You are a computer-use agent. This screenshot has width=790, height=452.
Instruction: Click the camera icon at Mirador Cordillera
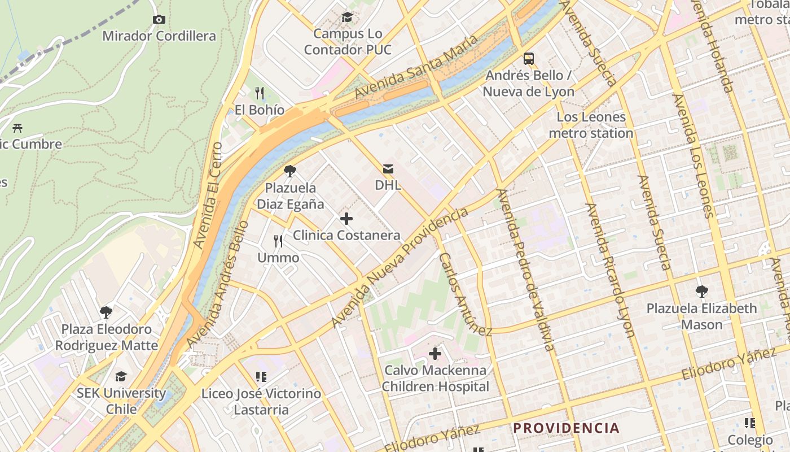(x=159, y=20)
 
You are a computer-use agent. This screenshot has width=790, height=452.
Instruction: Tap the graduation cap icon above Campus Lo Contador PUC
(x=347, y=18)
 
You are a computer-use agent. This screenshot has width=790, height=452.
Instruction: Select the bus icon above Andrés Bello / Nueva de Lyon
(x=529, y=58)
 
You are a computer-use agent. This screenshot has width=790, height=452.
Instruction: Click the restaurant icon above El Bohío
(x=260, y=93)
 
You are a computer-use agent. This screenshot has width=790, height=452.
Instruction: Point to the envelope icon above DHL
(x=388, y=168)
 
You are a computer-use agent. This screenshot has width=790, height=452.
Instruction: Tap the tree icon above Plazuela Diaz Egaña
(x=290, y=171)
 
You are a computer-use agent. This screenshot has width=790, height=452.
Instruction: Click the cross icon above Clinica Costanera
(x=346, y=219)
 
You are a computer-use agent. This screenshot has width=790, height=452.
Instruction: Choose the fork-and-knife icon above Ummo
(x=278, y=241)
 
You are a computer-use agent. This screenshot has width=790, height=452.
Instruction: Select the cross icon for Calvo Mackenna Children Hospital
(x=435, y=354)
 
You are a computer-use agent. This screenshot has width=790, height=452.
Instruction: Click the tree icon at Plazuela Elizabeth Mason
(x=701, y=292)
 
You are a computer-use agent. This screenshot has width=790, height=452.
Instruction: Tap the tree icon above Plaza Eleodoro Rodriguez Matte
(x=106, y=312)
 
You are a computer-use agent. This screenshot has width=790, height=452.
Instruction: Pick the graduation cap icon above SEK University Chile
(x=121, y=376)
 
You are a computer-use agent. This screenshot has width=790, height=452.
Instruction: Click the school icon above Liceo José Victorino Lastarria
(x=261, y=376)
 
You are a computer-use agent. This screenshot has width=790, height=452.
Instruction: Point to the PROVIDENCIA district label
(x=566, y=428)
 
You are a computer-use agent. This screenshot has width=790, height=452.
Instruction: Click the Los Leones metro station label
(x=591, y=125)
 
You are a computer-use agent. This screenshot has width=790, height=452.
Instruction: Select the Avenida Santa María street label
(x=417, y=67)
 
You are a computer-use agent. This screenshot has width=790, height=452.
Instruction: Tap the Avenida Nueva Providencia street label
(x=400, y=268)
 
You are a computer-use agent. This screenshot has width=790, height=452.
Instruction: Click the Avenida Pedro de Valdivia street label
(x=526, y=270)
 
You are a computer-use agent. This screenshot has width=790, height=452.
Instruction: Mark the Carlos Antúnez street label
(x=466, y=294)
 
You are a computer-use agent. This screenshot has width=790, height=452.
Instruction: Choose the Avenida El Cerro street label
(x=208, y=195)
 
